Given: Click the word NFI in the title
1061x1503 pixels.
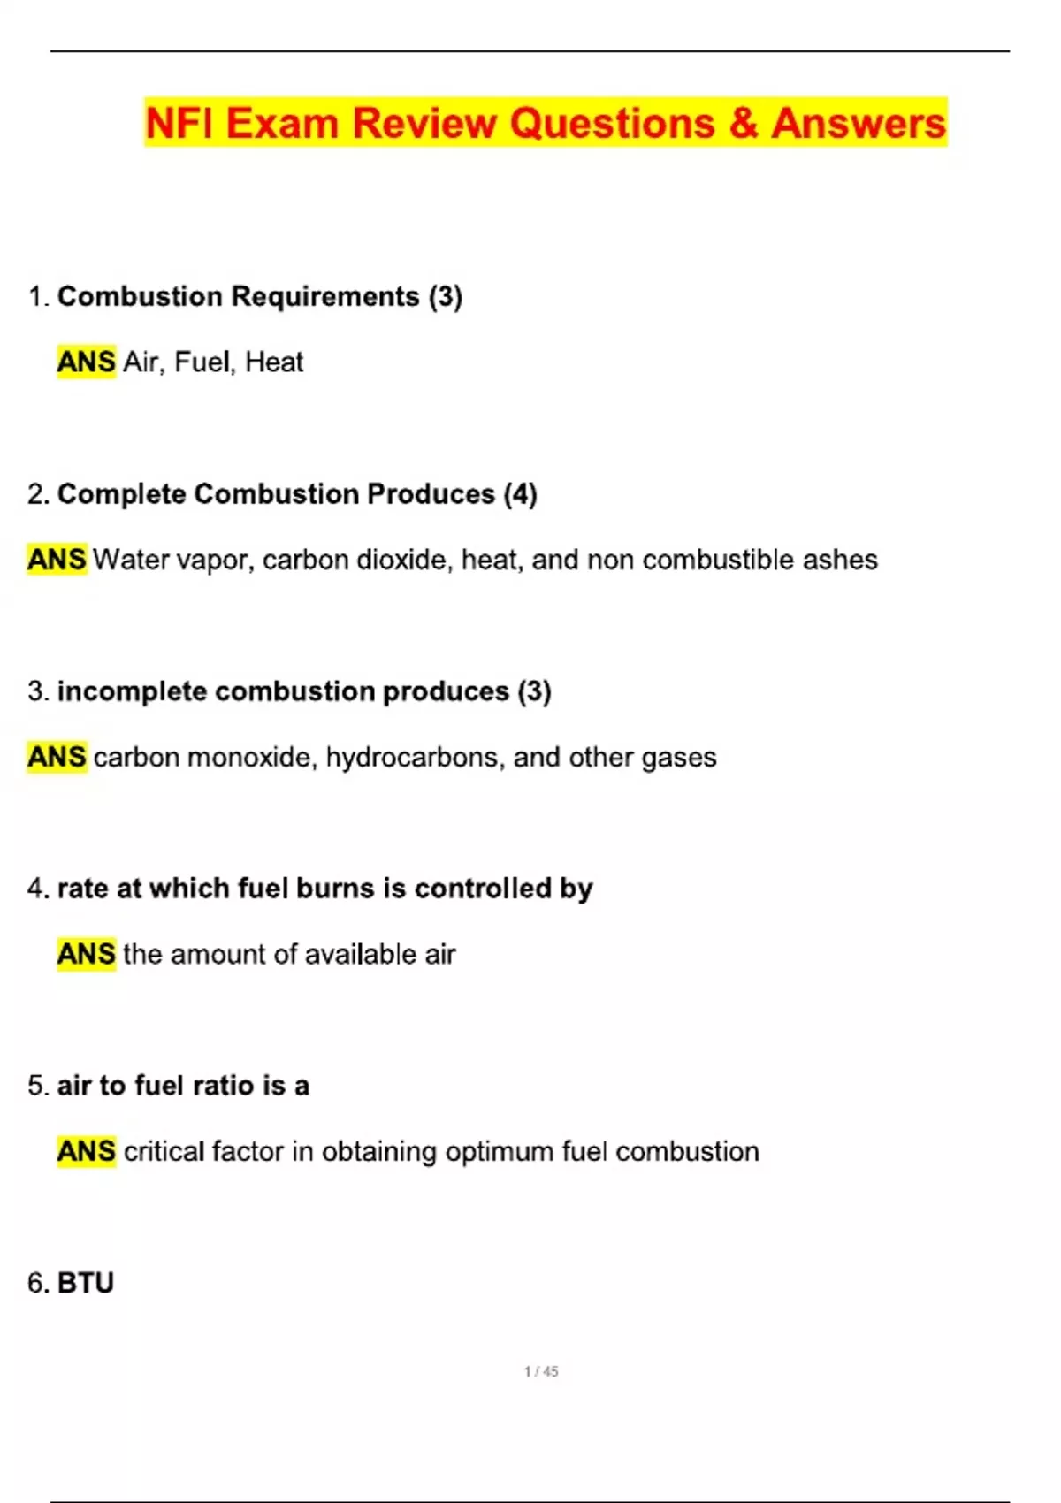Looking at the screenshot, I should [179, 123].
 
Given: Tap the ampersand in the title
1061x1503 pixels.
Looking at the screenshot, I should [743, 123].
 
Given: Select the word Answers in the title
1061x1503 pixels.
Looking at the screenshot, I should [858, 123].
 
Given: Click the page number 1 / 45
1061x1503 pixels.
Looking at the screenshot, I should [541, 1371].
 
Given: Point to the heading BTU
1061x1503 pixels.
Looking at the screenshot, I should [86, 1283].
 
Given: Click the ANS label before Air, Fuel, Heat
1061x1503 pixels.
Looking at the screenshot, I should [86, 362].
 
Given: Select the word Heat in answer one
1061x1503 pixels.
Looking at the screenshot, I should [274, 362].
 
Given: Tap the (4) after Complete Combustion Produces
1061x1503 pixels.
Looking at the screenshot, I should [520, 493].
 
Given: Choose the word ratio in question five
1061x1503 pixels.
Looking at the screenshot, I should [223, 1086].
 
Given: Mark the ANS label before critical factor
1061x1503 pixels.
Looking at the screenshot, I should [86, 1151].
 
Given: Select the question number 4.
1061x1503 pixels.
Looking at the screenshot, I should [36, 888].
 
